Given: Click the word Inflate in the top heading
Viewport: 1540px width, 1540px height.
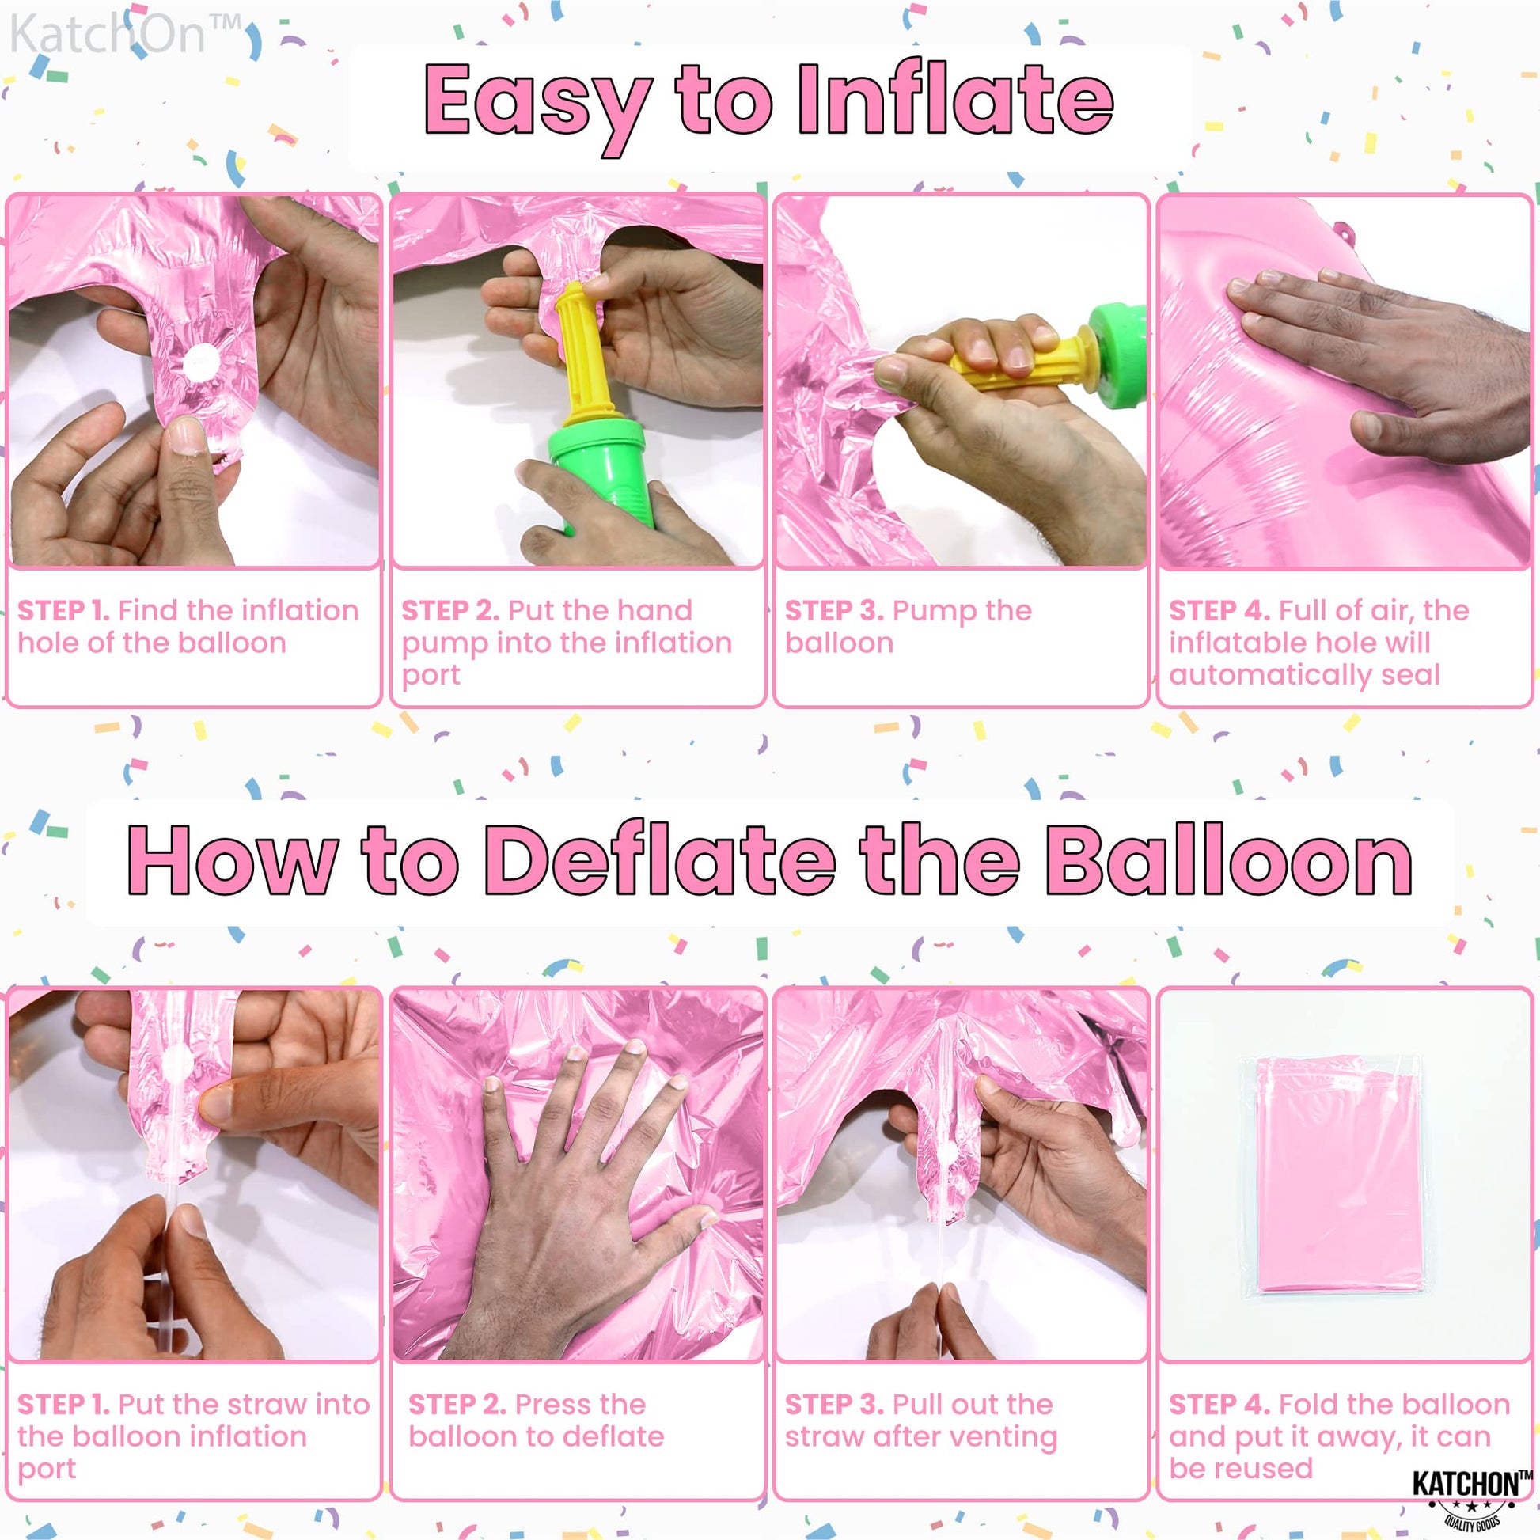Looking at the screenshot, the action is pos(956,100).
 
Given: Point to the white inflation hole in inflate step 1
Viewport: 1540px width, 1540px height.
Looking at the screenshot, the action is pos(201,364).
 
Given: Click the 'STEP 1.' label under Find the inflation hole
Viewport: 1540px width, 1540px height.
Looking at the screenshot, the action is pos(64,611).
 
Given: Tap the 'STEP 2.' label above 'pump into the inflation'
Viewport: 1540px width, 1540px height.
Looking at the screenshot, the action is pos(450,611).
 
